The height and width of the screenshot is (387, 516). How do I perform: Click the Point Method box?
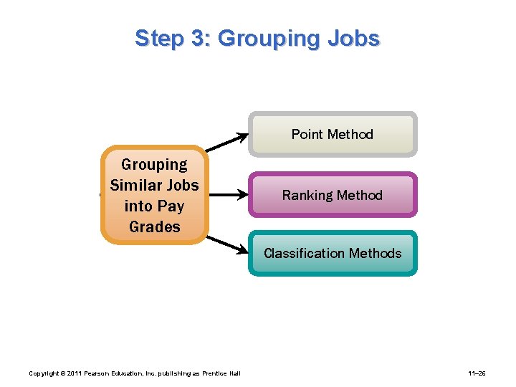[333, 134]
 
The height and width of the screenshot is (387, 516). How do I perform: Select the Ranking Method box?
[333, 195]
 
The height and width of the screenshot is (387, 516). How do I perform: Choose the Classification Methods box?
[333, 253]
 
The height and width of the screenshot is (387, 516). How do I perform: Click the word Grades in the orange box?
[155, 226]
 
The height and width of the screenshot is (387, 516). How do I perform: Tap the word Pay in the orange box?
[171, 206]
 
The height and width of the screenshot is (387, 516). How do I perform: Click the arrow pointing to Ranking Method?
[226, 194]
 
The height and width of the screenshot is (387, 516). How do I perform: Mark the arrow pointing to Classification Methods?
[226, 243]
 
